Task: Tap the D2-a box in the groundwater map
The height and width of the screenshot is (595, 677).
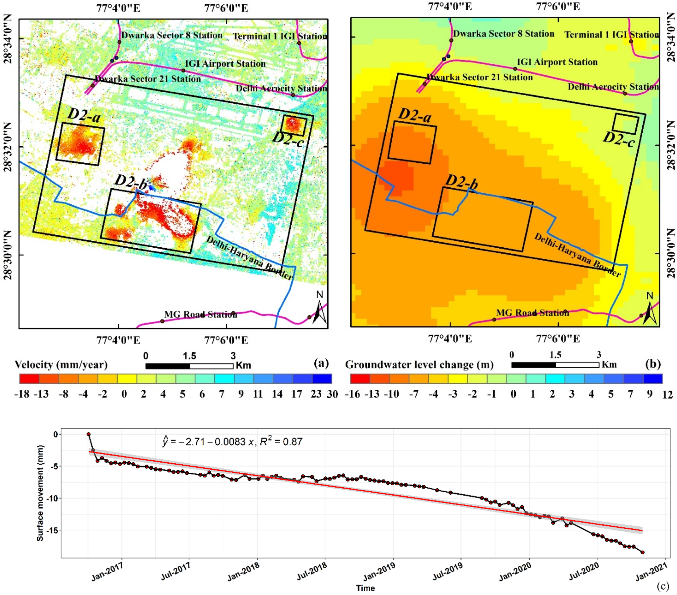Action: [x=412, y=143]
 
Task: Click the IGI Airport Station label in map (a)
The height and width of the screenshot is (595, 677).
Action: [x=225, y=64]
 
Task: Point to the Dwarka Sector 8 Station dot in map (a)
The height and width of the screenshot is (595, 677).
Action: [x=119, y=42]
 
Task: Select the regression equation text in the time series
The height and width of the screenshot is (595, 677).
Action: [x=232, y=442]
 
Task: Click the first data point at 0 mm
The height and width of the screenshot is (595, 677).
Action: [x=88, y=434]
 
